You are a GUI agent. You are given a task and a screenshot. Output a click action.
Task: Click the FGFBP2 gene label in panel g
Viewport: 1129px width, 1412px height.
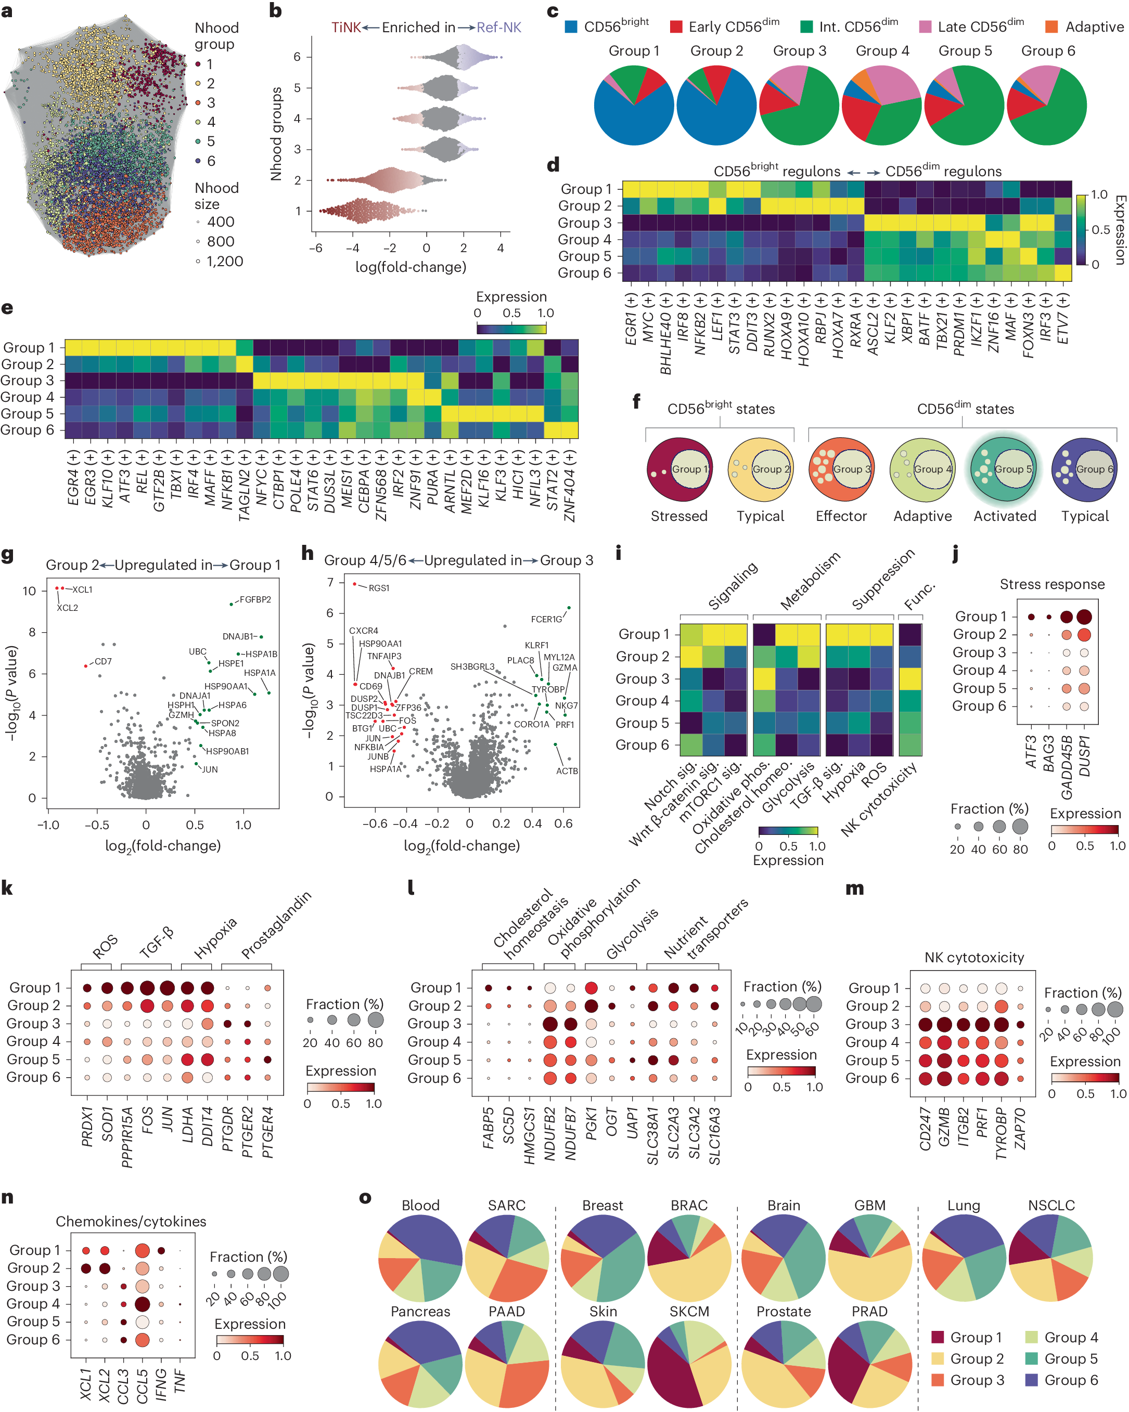pyautogui.click(x=255, y=599)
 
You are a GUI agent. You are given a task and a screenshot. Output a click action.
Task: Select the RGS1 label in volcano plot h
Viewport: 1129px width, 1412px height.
pyautogui.click(x=379, y=588)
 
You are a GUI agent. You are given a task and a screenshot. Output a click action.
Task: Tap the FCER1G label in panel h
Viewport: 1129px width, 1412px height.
pyautogui.click(x=546, y=619)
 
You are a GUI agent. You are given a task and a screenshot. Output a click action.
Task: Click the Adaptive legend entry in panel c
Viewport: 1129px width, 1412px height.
pyautogui.click(x=1094, y=27)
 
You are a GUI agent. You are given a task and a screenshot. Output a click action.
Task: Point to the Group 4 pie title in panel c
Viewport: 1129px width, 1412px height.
pyautogui.click(x=882, y=51)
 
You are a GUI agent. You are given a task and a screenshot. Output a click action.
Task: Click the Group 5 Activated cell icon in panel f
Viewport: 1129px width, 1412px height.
pyautogui.click(x=1004, y=469)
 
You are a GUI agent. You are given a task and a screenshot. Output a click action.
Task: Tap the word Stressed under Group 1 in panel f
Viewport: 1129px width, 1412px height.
pyautogui.click(x=679, y=516)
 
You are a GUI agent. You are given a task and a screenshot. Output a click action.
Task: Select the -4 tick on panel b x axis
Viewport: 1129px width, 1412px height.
pyautogui.click(x=353, y=248)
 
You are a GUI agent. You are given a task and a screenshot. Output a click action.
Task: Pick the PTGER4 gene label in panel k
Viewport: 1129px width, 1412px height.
pyautogui.click(x=268, y=1132)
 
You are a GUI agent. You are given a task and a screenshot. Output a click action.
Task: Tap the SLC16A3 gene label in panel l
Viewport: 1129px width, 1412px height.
pyautogui.click(x=714, y=1136)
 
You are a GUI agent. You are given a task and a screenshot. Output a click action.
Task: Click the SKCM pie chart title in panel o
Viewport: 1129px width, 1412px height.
pyautogui.click(x=689, y=1311)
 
